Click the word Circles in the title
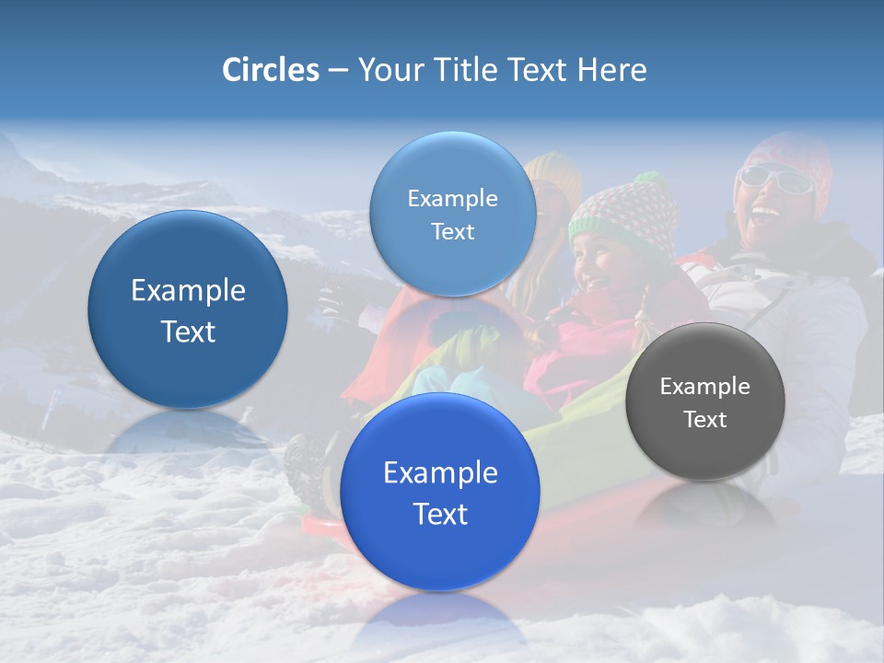coord(270,70)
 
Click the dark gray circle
coord(704,401)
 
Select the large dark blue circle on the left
coord(188,309)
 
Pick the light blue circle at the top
coord(452,214)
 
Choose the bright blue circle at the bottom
coord(440,492)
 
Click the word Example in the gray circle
coord(704,386)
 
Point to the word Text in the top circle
coord(452,231)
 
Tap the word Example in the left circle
coord(188,290)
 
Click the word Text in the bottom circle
coord(440,514)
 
